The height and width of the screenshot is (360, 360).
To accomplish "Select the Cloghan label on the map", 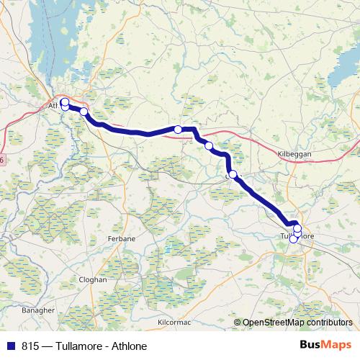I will point(93,279).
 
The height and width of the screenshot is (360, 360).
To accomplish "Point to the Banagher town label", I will point(38,310).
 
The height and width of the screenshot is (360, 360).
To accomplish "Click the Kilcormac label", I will point(174,322).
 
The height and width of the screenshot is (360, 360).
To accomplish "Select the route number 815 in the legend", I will point(30,346).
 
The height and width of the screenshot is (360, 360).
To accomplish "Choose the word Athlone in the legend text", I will point(130,346).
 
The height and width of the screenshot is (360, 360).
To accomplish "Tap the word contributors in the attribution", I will point(328,323).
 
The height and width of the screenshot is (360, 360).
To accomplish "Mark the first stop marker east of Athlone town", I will point(84,112).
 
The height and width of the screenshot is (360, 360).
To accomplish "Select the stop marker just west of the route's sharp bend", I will point(178,130).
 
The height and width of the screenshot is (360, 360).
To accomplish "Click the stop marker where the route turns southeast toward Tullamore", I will point(233,174).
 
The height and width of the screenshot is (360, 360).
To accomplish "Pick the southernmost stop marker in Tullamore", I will point(293,239).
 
